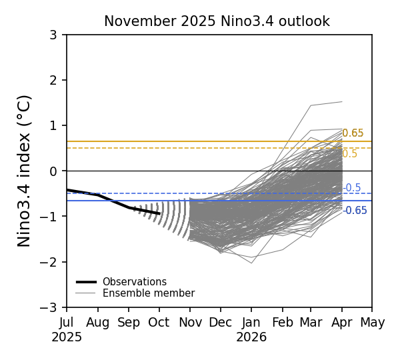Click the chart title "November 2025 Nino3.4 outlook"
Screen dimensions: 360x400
(217, 21)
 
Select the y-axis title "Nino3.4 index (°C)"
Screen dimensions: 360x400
(25, 171)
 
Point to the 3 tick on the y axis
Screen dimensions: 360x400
(53, 35)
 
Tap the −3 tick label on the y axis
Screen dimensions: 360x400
(50, 307)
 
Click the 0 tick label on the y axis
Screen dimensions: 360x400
(53, 171)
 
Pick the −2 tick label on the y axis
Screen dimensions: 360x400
(50, 262)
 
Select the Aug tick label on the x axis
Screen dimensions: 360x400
(97, 323)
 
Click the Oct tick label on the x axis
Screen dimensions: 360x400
(159, 323)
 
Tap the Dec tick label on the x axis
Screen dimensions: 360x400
(220, 323)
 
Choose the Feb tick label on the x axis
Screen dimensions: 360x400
(282, 323)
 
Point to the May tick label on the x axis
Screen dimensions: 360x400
(372, 323)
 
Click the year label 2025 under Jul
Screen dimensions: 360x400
(67, 337)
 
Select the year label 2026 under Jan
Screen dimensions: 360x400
(251, 337)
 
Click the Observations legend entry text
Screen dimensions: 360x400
(134, 282)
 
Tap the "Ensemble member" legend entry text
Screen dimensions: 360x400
(148, 293)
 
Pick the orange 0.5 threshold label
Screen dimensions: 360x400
(350, 154)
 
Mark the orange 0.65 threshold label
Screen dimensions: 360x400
(353, 133)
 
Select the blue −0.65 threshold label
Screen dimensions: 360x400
(355, 211)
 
